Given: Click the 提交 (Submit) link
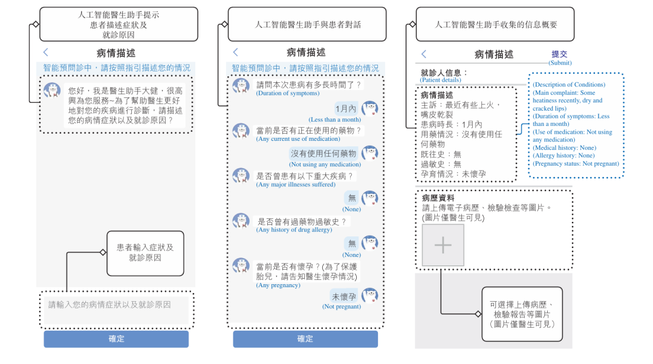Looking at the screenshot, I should (560, 54).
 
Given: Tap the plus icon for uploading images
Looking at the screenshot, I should (443, 245).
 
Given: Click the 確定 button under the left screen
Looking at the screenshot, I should (116, 339).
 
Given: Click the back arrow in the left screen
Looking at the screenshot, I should (46, 53).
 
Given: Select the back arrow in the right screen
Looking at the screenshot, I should (424, 54).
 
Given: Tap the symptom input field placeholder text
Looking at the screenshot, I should (109, 305).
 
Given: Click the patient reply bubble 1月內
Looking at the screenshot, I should (345, 109).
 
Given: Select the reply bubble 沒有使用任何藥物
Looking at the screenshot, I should (323, 154).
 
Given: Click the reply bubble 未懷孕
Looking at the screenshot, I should (343, 296).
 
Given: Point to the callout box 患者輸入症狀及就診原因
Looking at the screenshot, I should (145, 253).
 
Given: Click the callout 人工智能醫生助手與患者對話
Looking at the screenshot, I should (308, 25).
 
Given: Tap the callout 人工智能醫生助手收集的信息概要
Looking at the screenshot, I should (496, 25).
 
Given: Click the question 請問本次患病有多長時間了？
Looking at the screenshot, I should (309, 85).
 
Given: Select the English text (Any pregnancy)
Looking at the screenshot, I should (278, 285).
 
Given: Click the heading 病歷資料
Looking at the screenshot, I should (438, 198).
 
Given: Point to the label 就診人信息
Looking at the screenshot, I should (444, 73).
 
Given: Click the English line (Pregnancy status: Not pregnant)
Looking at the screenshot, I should (576, 163).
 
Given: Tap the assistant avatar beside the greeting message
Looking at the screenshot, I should (52, 91).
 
